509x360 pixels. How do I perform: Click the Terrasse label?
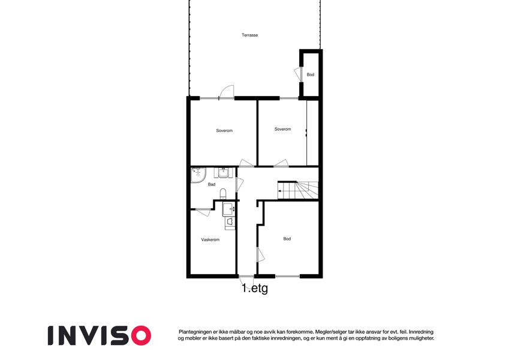click(249, 35)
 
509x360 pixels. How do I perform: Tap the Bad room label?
click(212, 185)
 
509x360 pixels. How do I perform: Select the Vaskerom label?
click(210, 240)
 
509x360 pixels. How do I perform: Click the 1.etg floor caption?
click(255, 288)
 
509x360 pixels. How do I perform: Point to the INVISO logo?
click(100, 335)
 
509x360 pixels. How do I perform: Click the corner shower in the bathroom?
click(198, 175)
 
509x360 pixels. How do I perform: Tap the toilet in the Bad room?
click(224, 194)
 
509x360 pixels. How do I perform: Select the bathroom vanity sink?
click(223, 172)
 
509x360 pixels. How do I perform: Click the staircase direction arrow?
click(280, 191)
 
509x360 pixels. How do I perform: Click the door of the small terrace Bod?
click(298, 74)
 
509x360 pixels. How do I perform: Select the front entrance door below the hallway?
click(246, 279)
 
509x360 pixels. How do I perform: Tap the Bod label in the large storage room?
click(287, 239)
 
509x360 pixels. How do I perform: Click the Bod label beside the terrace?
click(311, 75)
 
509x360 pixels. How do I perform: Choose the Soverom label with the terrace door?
click(224, 131)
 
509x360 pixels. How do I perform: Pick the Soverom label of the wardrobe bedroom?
click(283, 129)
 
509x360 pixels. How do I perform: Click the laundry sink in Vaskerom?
click(228, 209)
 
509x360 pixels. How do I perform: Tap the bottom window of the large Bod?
click(287, 277)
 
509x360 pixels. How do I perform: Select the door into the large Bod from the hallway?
click(260, 254)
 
